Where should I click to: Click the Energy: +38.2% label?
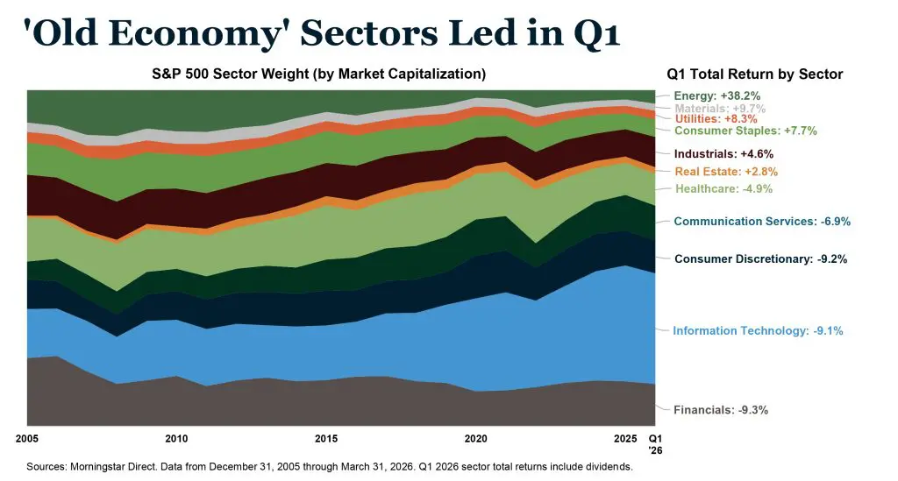click(716, 95)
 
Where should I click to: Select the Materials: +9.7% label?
click(719, 108)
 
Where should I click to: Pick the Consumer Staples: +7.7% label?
click(745, 131)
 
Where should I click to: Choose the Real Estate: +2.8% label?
click(726, 172)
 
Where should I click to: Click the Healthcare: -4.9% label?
click(723, 189)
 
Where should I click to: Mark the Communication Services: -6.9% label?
click(762, 222)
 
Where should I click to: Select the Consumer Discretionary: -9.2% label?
click(760, 259)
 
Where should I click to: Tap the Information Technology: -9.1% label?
click(758, 331)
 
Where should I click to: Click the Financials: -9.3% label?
click(721, 410)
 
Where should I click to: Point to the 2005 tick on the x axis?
click(28, 438)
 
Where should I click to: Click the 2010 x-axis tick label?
click(176, 438)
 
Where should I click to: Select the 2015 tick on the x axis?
click(326, 438)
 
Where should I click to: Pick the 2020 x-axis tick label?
click(475, 438)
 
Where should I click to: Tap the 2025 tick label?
click(625, 438)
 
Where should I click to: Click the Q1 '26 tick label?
click(654, 443)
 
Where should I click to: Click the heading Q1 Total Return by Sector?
click(754, 74)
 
